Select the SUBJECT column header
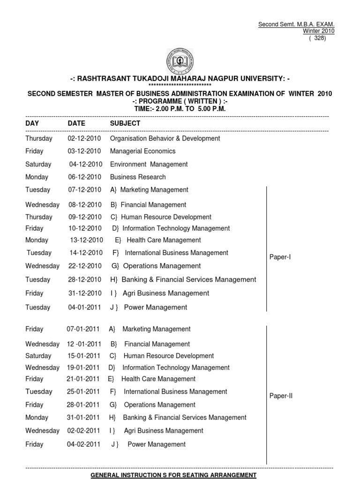tap(125, 123)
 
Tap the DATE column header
tap(76, 123)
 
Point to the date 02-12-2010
tap(84, 138)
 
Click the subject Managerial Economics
tap(142, 151)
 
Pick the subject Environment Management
tap(149, 164)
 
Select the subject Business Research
tap(138, 177)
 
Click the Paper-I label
tap(280, 256)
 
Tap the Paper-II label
tap(281, 396)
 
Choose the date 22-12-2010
tap(84, 266)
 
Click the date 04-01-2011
tap(84, 307)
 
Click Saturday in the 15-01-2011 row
tap(38, 356)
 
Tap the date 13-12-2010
tap(86, 240)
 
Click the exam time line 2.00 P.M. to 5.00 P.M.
tap(180, 108)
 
